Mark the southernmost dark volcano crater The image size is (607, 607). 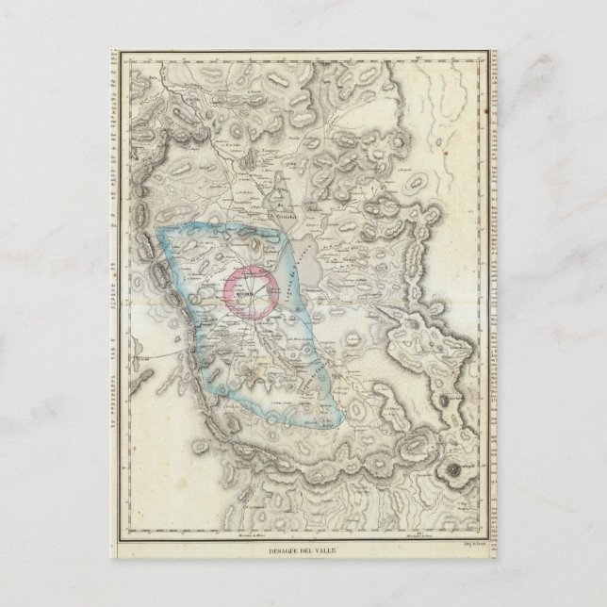[x=459, y=470]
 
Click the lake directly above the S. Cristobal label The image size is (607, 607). [x=280, y=194]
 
